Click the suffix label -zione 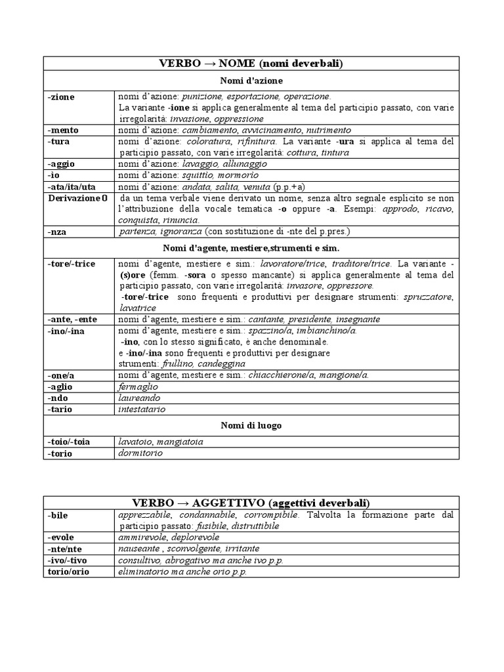point(62,96)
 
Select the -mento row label point(64,130)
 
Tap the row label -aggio point(63,164)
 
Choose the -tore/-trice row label point(72,264)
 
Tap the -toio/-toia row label point(69,442)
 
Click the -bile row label point(58,515)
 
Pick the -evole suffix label point(61,537)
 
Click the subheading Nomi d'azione point(251,81)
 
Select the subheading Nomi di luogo point(251,425)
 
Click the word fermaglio point(138,387)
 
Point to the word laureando point(138,398)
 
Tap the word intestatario point(142,409)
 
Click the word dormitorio point(140,453)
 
